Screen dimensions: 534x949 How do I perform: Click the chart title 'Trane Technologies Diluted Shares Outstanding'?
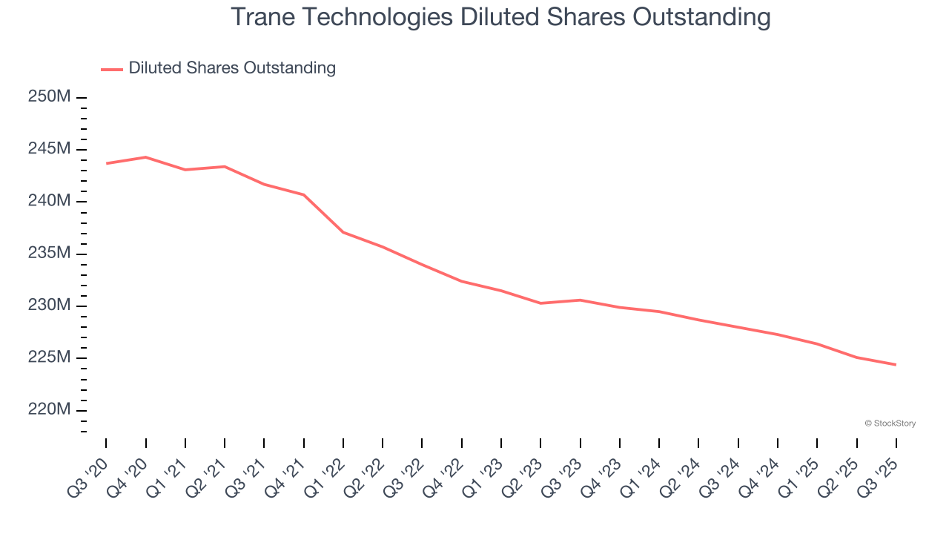click(x=500, y=16)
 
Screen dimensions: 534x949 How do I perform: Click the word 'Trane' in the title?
click(x=262, y=16)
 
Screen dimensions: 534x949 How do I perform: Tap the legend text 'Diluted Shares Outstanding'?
click(x=232, y=68)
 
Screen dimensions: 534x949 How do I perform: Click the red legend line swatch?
click(x=112, y=69)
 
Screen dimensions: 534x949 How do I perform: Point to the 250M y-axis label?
click(x=49, y=97)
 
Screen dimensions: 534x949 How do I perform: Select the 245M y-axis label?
click(x=49, y=149)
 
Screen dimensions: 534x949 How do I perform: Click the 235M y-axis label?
click(x=49, y=254)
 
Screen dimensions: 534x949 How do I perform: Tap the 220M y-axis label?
click(x=49, y=410)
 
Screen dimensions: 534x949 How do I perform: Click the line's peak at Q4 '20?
click(x=145, y=157)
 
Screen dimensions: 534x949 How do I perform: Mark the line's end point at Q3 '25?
click(x=896, y=364)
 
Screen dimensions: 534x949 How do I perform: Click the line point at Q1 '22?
click(x=343, y=232)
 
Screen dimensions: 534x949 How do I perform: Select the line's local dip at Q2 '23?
click(x=540, y=303)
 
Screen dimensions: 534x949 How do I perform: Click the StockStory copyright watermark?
click(x=890, y=423)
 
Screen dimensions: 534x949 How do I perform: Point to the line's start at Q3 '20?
click(x=107, y=163)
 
